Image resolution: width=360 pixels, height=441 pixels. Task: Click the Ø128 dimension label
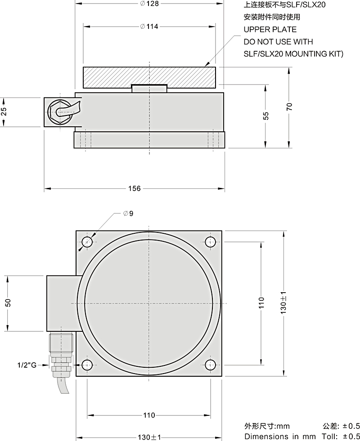click(x=149, y=4)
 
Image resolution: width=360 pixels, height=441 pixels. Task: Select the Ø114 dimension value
click(x=149, y=27)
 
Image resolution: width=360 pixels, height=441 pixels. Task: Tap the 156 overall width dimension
click(x=134, y=188)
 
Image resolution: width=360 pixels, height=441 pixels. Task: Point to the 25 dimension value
click(x=4, y=112)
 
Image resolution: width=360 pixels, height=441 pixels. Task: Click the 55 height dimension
click(x=266, y=116)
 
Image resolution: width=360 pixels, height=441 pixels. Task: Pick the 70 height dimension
click(x=289, y=107)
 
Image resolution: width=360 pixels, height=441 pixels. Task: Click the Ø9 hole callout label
click(x=128, y=214)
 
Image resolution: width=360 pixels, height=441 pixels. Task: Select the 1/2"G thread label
click(x=27, y=365)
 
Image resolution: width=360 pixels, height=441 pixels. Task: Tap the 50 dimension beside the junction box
click(x=8, y=303)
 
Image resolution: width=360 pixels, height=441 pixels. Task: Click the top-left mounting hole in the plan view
click(x=87, y=242)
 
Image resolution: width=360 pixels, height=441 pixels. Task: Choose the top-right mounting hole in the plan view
click(x=210, y=242)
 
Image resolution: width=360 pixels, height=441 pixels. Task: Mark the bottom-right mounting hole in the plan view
click(x=210, y=365)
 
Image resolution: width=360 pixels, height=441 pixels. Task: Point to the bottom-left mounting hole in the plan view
click(x=87, y=365)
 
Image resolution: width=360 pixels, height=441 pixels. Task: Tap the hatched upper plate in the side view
click(x=149, y=77)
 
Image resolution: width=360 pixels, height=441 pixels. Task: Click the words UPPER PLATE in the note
click(x=270, y=30)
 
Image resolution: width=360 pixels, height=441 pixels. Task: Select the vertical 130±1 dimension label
click(x=283, y=303)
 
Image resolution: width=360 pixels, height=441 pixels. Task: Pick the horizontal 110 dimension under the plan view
click(x=149, y=415)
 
